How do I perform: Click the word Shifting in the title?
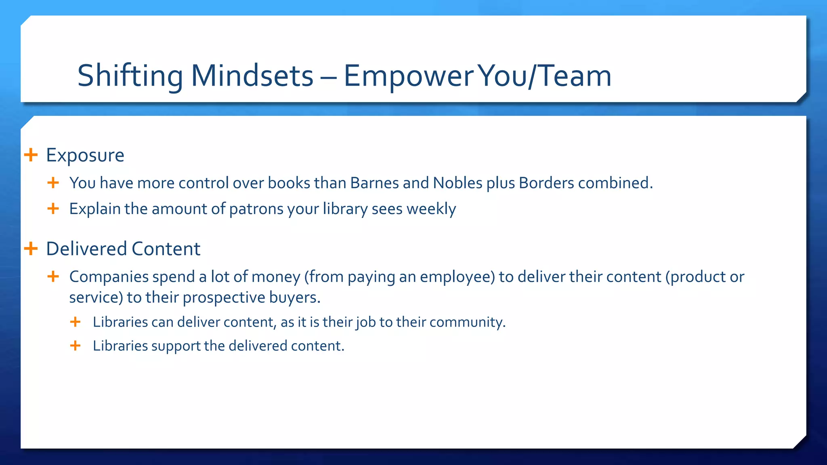(130, 76)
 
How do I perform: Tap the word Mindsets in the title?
(252, 76)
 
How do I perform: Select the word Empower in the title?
(408, 76)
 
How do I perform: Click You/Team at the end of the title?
(545, 76)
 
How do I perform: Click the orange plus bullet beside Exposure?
(31, 155)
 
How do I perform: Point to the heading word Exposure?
(85, 155)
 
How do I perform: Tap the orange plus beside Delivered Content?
(31, 249)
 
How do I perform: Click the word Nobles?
(458, 183)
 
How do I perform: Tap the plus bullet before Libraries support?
(75, 346)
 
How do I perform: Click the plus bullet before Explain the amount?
(53, 209)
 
